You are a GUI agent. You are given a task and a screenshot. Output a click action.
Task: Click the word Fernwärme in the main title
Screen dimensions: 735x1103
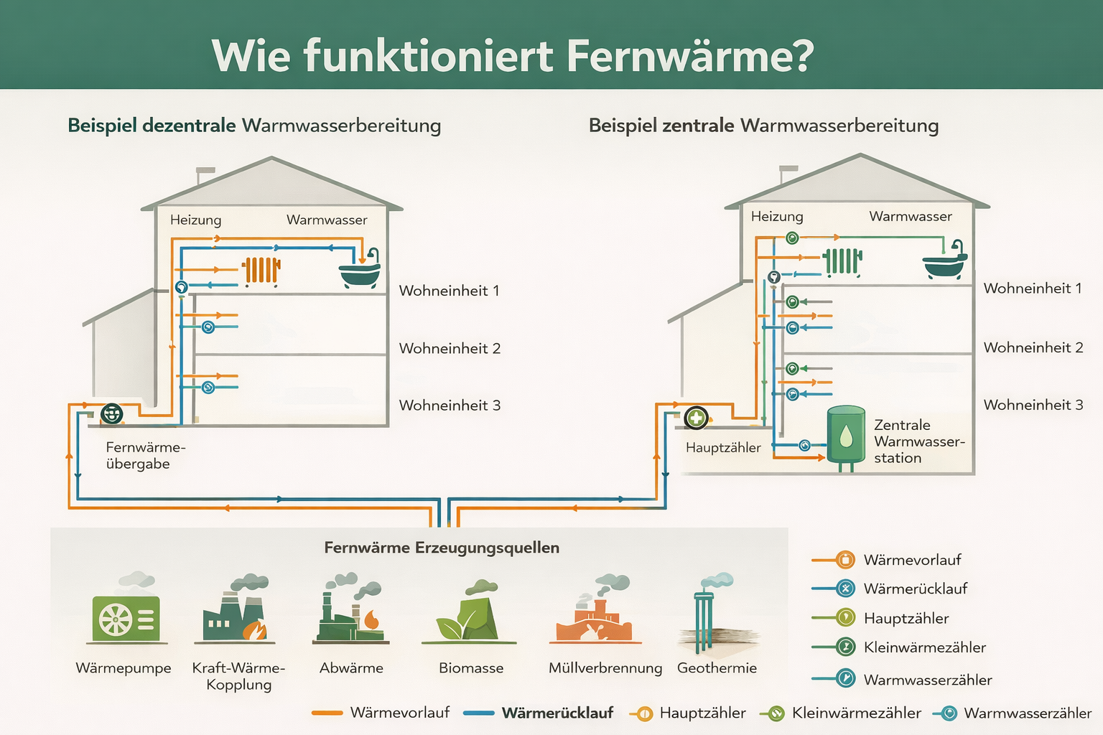(689, 56)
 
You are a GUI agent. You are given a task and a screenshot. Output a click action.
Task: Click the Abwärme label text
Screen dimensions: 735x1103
(351, 668)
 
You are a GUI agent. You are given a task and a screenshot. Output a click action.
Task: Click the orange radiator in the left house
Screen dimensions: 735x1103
(261, 271)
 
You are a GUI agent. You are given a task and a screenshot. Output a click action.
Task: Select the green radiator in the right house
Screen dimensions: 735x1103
(842, 262)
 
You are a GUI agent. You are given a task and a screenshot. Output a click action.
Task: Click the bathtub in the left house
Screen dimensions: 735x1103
(360, 273)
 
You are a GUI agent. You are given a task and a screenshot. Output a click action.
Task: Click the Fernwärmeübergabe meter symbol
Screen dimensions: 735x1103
(112, 413)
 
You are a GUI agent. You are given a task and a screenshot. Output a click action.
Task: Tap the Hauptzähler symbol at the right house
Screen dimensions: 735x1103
(696, 417)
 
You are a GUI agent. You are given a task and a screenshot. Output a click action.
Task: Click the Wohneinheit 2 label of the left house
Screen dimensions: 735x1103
(450, 349)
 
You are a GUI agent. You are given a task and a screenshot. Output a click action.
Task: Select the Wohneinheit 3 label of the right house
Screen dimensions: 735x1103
(1033, 405)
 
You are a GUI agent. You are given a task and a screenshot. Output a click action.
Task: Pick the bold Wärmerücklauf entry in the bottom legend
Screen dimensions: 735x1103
(557, 713)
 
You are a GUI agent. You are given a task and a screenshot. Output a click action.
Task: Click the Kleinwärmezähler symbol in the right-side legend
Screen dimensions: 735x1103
(846, 647)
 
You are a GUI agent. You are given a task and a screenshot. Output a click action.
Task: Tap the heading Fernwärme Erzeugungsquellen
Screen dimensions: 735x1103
(441, 548)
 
